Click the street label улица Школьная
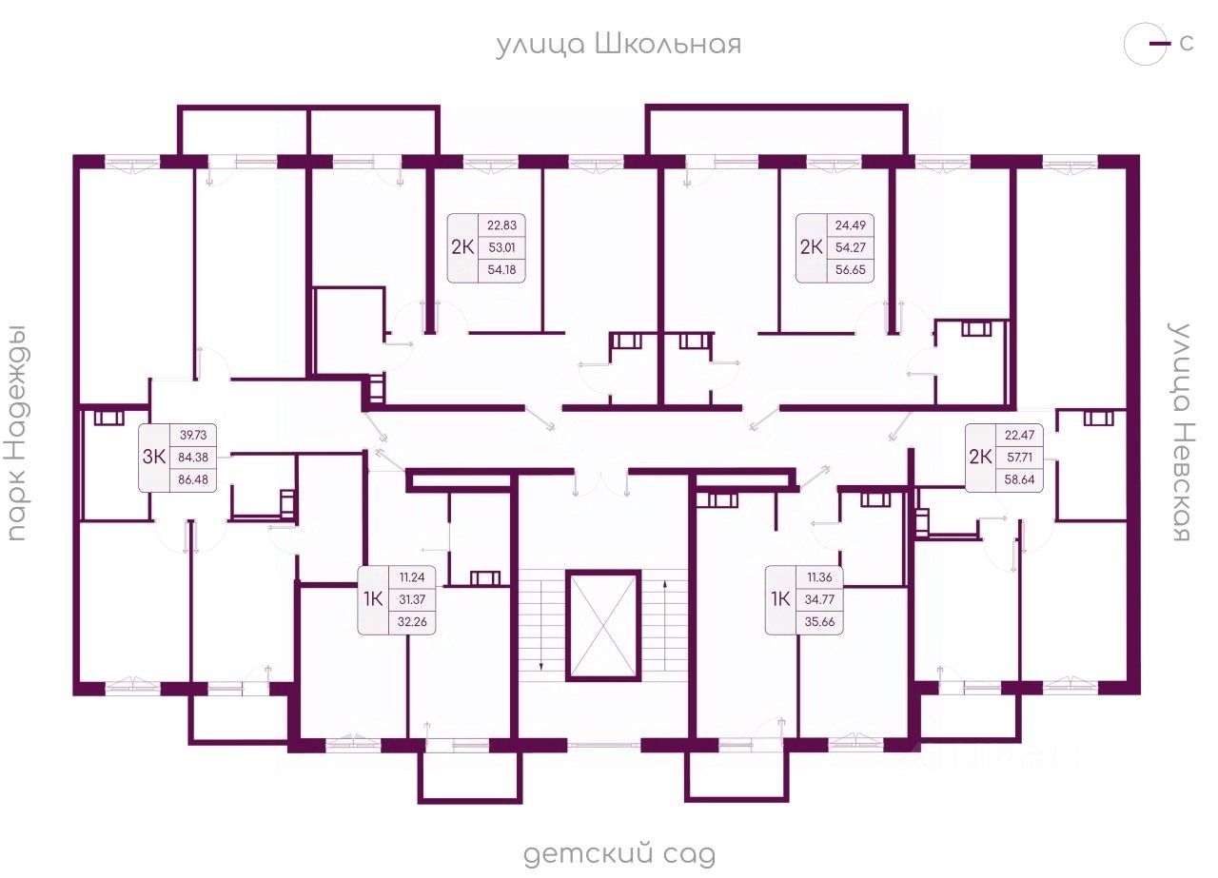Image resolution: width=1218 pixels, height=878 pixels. [x=618, y=45]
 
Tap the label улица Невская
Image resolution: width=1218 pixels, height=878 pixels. [x=1181, y=433]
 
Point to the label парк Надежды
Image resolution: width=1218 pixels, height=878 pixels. [x=16, y=433]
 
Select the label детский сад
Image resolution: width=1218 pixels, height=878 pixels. [x=619, y=853]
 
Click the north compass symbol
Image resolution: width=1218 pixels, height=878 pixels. [x=1147, y=45]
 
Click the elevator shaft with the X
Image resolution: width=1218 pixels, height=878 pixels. [x=604, y=624]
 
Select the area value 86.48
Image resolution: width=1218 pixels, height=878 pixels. [x=193, y=478]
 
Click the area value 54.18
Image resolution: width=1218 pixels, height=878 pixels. [x=501, y=270]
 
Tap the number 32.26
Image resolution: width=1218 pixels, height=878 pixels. [x=412, y=623]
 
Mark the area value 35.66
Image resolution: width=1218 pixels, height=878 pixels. [x=819, y=623]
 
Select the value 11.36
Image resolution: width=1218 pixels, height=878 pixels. [x=819, y=577]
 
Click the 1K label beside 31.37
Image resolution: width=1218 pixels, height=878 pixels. [x=373, y=599]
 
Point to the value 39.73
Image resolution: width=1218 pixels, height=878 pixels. [x=193, y=436]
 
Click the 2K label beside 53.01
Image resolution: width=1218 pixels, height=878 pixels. [x=462, y=247]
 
